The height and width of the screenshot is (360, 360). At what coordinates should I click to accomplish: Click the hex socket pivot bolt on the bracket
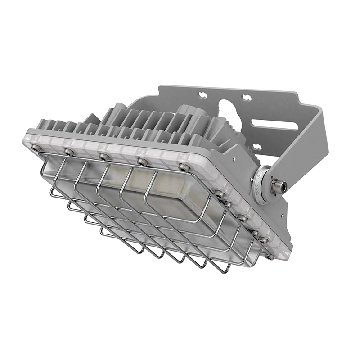pyautogui.click(x=277, y=185)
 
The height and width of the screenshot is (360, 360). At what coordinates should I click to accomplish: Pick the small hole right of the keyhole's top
pyautogui.click(x=246, y=97)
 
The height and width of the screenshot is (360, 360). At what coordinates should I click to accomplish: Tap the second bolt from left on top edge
pyautogui.click(x=68, y=152)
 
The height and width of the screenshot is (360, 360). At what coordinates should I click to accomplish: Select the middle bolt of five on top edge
pyautogui.click(x=104, y=157)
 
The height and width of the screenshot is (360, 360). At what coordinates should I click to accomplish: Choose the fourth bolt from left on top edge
pyautogui.click(x=142, y=161)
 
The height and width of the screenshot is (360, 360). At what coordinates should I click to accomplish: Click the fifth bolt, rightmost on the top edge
pyautogui.click(x=184, y=167)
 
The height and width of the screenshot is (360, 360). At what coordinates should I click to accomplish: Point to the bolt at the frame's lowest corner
pyautogui.click(x=269, y=256)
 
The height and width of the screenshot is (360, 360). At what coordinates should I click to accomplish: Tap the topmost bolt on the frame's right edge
pyautogui.click(x=219, y=194)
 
